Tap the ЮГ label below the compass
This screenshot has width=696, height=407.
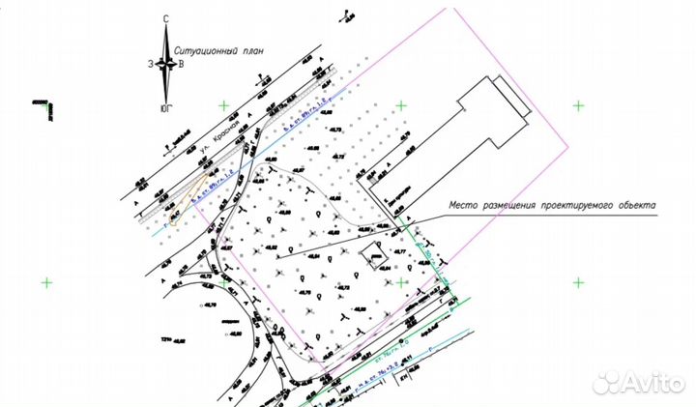tap(167, 108)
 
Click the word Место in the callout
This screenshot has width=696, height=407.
tap(466, 206)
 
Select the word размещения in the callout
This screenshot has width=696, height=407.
tap(518, 206)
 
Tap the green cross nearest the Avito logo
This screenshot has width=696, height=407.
tap(578, 282)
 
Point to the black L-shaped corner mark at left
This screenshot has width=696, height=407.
tap(44, 108)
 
